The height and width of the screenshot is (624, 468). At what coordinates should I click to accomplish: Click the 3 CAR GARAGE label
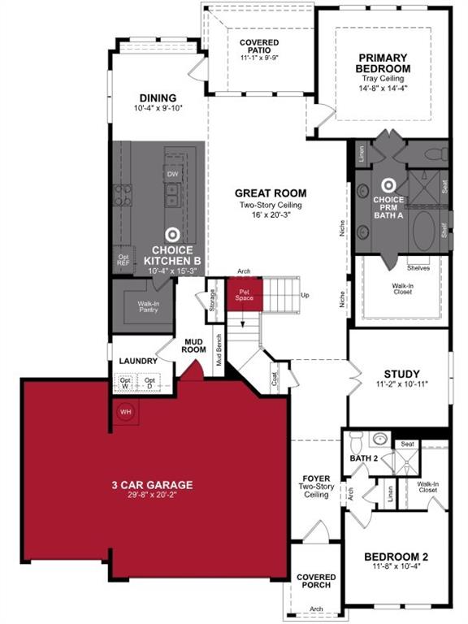(152, 485)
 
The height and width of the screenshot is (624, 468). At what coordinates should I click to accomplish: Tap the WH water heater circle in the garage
(126, 412)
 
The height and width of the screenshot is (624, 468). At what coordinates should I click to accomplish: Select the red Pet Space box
(244, 293)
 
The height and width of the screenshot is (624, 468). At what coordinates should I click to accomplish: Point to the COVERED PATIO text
(259, 47)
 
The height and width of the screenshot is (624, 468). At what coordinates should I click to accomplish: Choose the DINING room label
(158, 97)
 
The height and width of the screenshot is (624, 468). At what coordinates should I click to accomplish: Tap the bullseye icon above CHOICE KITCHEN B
(172, 233)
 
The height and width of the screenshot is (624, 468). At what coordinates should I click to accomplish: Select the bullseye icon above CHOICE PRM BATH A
(389, 185)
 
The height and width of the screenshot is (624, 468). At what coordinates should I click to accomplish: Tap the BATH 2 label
(365, 459)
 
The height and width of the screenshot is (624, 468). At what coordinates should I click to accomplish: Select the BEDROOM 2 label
(396, 557)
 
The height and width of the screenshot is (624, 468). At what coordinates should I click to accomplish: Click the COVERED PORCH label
(316, 582)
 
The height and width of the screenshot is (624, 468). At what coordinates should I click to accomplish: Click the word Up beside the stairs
(305, 294)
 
